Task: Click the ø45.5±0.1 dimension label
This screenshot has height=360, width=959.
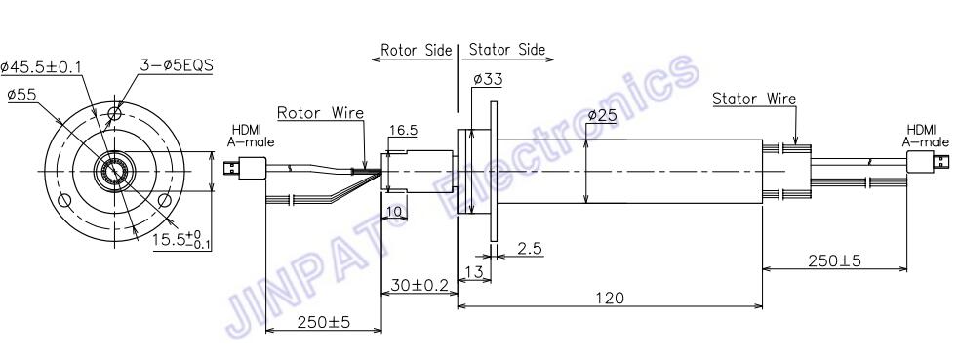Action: click(41, 66)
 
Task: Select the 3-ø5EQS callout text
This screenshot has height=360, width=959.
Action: click(177, 65)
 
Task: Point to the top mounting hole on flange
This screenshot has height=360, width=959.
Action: click(114, 113)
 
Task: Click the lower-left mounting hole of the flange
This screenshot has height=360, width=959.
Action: click(62, 200)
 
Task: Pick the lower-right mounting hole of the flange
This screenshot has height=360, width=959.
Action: click(164, 200)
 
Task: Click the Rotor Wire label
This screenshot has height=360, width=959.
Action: click(321, 113)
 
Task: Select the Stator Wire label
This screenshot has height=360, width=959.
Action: click(755, 99)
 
